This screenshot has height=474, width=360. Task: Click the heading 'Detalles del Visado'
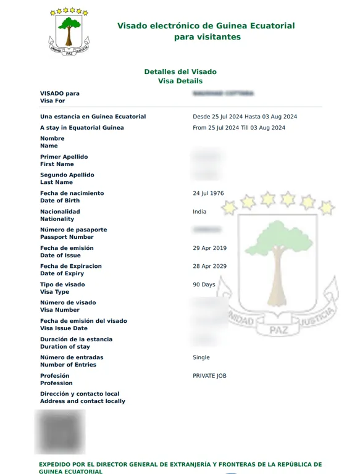pos(180,72)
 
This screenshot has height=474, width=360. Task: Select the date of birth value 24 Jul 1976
pos(208,193)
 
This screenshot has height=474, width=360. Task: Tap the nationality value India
pos(199,212)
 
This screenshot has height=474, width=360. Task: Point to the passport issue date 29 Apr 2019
pos(209,248)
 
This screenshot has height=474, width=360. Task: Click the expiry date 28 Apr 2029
pos(209,266)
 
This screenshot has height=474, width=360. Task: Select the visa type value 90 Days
pos(204,285)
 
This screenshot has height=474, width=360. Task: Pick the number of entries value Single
pos(201,357)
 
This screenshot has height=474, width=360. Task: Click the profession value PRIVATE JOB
pos(209,375)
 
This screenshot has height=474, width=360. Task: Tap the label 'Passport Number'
pos(67,237)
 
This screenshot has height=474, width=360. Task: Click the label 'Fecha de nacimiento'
pos(72,193)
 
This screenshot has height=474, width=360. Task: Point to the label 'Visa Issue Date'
pos(64,328)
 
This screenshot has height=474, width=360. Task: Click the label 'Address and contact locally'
pos(82,401)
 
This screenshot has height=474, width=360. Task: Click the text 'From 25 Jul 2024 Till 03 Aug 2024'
pos(239,128)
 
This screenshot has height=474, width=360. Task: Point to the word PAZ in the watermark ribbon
pos(279,331)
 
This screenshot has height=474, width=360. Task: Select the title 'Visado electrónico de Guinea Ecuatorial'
pos(206,26)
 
